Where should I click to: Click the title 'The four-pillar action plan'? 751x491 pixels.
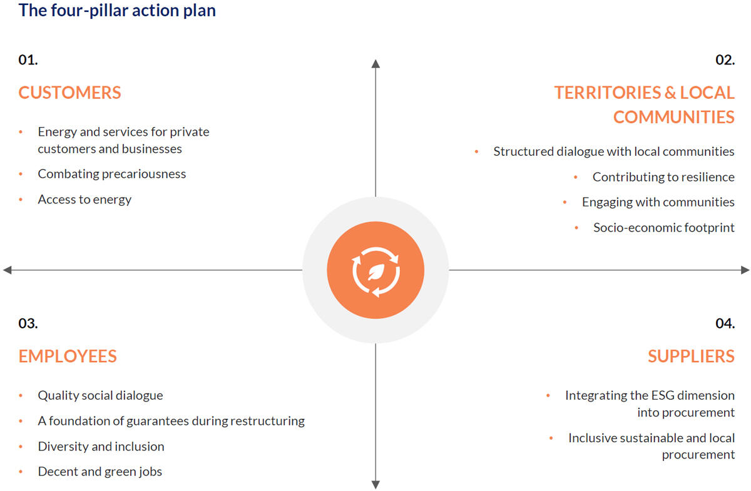(117, 11)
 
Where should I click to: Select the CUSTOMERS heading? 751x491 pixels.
(69, 93)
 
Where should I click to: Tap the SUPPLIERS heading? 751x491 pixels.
(691, 356)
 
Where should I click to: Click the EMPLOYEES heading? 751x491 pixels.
(68, 356)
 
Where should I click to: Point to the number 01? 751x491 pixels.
(28, 60)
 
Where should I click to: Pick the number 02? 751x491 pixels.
(725, 60)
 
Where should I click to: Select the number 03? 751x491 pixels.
(28, 323)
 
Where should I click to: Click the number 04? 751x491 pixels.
(725, 323)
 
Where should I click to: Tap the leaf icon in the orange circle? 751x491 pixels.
(375, 271)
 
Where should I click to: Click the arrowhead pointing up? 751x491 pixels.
(375, 63)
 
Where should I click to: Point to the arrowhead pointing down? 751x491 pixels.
(375, 483)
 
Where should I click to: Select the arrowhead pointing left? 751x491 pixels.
(8, 270)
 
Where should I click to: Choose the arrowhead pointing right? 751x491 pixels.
(744, 270)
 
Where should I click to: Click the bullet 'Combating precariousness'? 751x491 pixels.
(111, 174)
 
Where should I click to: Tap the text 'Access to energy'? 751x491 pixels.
(84, 200)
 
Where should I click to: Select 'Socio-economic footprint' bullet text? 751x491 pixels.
(663, 227)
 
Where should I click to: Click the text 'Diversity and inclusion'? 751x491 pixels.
(101, 447)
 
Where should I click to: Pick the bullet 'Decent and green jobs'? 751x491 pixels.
(100, 472)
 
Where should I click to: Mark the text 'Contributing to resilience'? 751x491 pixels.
(663, 177)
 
